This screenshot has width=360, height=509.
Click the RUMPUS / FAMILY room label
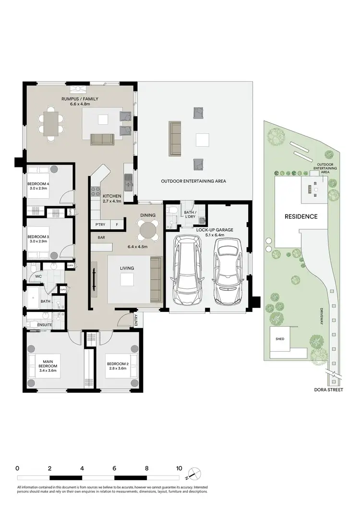tap(80, 99)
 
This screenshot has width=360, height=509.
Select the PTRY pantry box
tap(100, 225)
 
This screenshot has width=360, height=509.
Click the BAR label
tap(101, 237)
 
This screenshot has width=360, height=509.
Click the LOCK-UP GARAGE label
tap(215, 230)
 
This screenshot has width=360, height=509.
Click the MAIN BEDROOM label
tap(48, 366)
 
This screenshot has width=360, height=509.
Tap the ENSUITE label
tap(45, 325)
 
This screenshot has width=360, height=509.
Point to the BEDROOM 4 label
tap(38, 184)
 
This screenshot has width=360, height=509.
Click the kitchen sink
tap(128, 182)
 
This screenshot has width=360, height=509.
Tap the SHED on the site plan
tap(279, 339)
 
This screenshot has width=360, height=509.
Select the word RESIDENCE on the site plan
tap(301, 216)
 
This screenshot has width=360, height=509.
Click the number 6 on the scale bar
tap(114, 468)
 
